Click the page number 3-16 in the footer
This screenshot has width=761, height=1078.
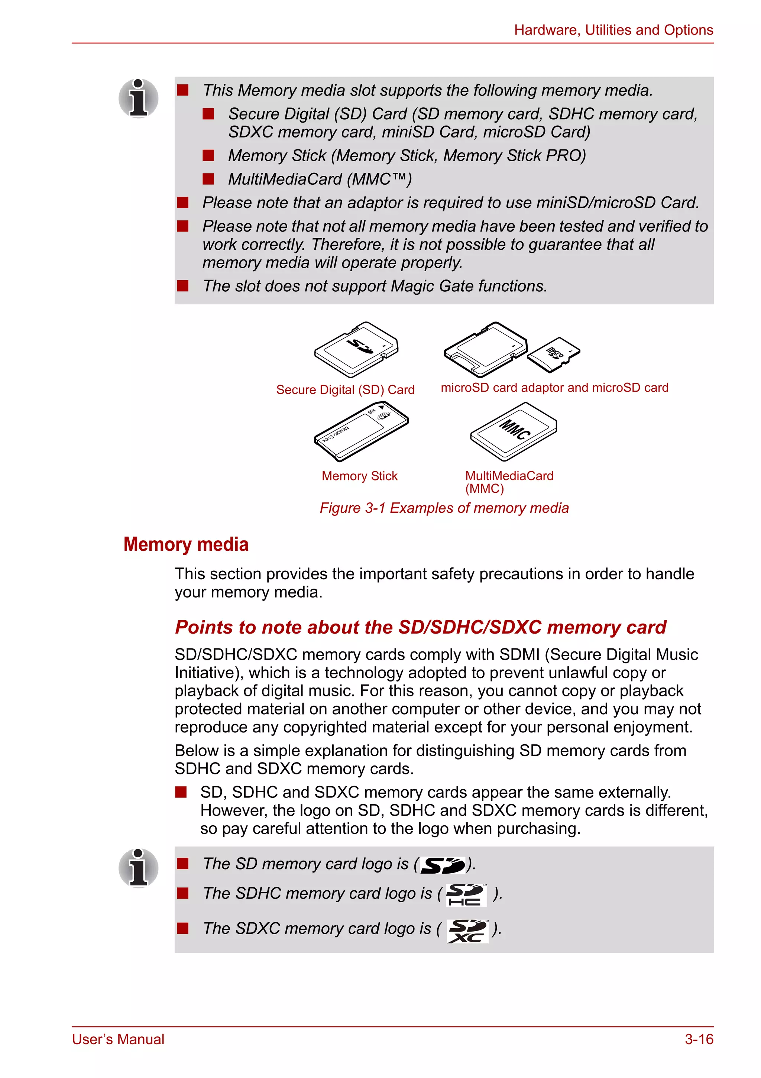coord(699,1039)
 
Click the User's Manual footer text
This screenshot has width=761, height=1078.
coord(118,1039)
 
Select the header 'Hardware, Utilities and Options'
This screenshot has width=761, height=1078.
coord(613,30)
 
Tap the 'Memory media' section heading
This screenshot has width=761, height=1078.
coord(186,544)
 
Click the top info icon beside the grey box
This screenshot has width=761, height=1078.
coord(139,98)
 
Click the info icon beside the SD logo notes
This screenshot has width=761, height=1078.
coord(139,868)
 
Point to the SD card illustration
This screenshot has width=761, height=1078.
coord(356,350)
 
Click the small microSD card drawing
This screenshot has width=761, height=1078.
coord(554,355)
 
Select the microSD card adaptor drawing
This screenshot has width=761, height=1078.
coord(485,350)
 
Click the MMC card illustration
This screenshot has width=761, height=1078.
coord(514,431)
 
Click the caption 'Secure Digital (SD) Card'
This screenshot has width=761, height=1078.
coord(345,390)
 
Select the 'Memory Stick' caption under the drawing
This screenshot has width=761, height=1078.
coord(359,476)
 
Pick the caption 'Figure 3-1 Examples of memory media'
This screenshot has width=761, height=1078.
coord(444,508)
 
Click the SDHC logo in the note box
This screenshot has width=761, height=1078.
coord(465,894)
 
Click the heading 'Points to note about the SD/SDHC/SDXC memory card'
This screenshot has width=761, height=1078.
coord(420,627)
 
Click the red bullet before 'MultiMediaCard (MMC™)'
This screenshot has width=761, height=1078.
coord(208,179)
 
